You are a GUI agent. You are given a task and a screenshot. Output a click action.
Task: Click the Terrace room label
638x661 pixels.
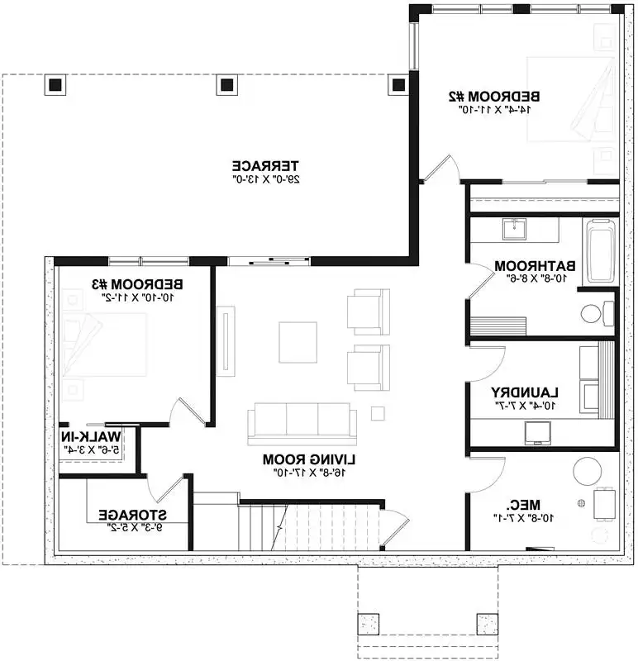[x=265, y=166]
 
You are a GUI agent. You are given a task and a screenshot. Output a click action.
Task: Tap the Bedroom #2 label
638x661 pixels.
[x=493, y=97]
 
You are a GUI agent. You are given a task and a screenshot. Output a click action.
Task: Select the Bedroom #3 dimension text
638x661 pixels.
[x=138, y=297]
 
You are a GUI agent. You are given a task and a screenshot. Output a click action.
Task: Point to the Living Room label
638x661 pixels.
[x=309, y=459]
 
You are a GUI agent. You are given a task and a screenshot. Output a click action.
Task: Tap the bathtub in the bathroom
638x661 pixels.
[x=601, y=251]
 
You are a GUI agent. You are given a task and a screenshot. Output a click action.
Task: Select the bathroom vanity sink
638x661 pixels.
[x=514, y=229]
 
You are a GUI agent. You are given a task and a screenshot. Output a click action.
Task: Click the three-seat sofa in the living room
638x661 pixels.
[x=302, y=423]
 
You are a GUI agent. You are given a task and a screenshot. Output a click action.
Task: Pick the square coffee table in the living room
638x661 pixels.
[x=298, y=342]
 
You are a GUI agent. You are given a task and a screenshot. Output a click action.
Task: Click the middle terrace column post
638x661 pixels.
[x=227, y=85]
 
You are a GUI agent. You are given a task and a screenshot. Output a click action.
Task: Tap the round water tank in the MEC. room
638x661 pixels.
[x=587, y=471]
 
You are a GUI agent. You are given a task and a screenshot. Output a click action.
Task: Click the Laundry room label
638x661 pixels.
[x=525, y=393]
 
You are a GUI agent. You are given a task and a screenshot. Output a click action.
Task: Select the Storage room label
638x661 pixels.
[x=133, y=515]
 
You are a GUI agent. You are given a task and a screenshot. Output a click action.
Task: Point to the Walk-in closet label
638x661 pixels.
[x=91, y=437]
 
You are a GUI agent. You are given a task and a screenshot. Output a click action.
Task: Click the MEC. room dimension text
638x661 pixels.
[x=523, y=518]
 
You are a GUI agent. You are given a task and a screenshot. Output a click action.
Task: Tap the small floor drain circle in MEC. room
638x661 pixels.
[x=581, y=503]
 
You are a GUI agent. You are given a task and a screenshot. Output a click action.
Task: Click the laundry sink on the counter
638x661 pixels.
[x=538, y=432]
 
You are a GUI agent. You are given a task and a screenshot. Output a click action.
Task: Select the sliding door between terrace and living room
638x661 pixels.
[x=269, y=261]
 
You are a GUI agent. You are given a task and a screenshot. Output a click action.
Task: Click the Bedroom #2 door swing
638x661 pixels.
[x=441, y=169]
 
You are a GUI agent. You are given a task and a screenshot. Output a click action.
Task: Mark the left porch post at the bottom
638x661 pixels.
[x=368, y=625]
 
